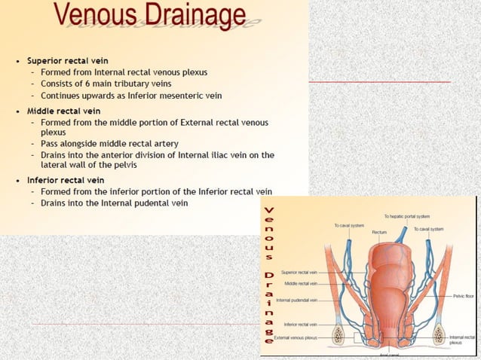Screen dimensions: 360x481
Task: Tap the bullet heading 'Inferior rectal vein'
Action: (66, 180)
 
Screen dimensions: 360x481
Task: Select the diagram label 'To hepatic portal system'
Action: (407, 216)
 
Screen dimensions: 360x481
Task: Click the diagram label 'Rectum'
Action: (379, 232)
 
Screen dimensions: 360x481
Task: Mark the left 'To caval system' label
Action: (349, 225)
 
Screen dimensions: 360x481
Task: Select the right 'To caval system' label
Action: (428, 228)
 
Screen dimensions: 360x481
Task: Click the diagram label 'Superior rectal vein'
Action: (299, 272)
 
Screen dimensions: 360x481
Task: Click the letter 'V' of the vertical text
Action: (269, 210)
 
